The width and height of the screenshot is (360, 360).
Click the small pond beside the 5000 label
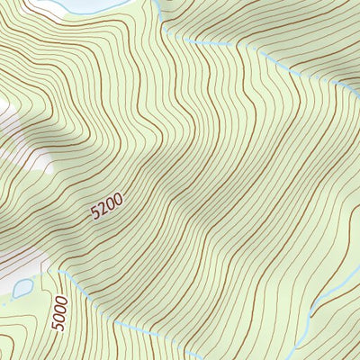[22, 289]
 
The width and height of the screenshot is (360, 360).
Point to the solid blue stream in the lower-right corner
[333, 283]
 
